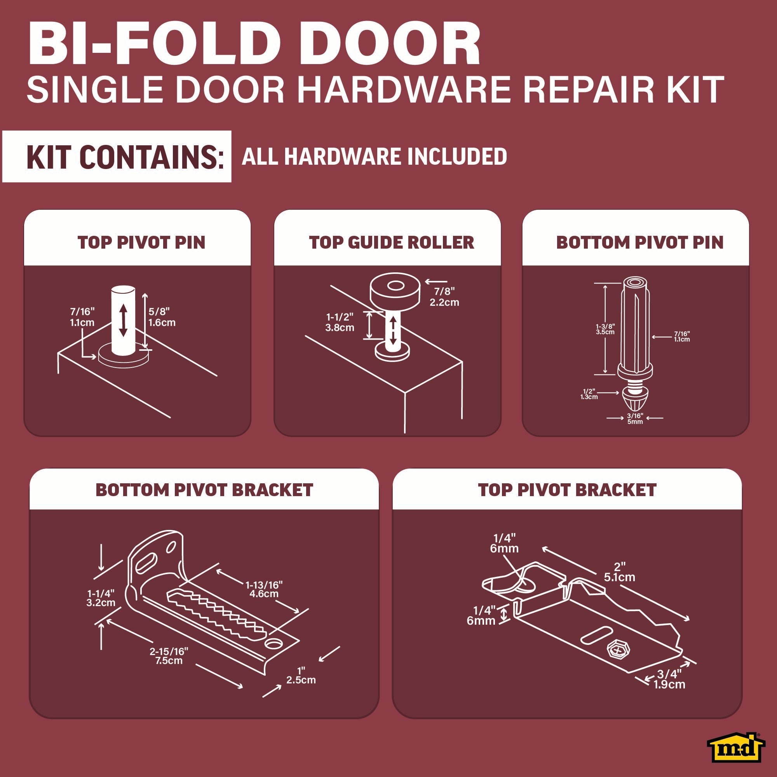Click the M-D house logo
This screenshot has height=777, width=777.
(736, 747)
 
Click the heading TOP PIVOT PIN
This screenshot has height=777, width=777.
(141, 242)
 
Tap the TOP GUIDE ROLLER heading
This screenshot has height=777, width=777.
(391, 242)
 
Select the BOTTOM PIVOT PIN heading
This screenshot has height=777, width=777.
(640, 242)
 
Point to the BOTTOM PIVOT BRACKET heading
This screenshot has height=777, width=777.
(204, 490)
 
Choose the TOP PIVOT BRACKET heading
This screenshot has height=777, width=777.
(567, 490)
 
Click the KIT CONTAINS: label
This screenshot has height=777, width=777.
(125, 157)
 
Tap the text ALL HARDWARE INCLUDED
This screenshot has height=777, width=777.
(375, 157)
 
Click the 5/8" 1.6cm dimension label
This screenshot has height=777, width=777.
(162, 317)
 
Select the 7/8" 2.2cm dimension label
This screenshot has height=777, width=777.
(444, 297)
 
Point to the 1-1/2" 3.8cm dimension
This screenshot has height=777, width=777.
(340, 322)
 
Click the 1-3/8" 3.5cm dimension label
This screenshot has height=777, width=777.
(605, 329)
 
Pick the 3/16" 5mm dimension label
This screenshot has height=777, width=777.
(635, 419)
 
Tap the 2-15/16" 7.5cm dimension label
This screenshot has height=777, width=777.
(169, 656)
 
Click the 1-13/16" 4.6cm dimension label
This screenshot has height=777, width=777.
(264, 589)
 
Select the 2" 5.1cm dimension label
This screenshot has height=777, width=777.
(619, 572)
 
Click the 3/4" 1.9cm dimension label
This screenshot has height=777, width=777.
(669, 679)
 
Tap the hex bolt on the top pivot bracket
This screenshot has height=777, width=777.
(618, 649)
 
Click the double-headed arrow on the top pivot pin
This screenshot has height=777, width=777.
(123, 321)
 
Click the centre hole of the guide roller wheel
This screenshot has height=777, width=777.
(396, 286)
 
